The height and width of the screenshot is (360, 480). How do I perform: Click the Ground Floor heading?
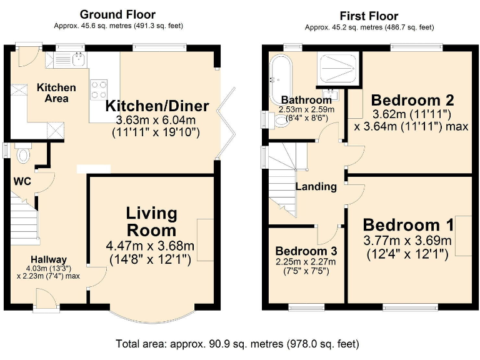click(x=117, y=14)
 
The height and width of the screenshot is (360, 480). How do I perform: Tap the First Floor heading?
click(x=369, y=16)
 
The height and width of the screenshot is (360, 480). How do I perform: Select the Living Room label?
click(x=151, y=222)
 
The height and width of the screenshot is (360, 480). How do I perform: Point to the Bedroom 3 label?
click(x=306, y=251)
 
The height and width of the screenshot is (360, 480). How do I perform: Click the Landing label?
click(x=316, y=186)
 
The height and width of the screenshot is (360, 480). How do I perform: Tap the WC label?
click(x=22, y=181)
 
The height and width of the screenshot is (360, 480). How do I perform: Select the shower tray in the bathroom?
click(x=338, y=69)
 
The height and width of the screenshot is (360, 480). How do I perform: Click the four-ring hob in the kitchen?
click(x=99, y=89)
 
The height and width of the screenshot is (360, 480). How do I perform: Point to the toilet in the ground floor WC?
click(x=22, y=152)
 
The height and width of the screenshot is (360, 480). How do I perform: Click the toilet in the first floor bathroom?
click(x=276, y=120)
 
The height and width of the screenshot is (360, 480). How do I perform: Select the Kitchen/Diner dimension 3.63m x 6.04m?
click(x=156, y=120)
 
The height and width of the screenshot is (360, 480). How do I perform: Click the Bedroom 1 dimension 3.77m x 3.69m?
click(x=407, y=241)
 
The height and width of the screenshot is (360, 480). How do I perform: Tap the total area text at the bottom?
click(x=237, y=344)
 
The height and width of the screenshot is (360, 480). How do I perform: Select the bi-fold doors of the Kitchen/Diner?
click(x=226, y=123)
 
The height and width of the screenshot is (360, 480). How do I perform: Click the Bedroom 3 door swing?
click(x=327, y=235)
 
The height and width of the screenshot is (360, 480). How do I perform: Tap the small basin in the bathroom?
click(x=330, y=94)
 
